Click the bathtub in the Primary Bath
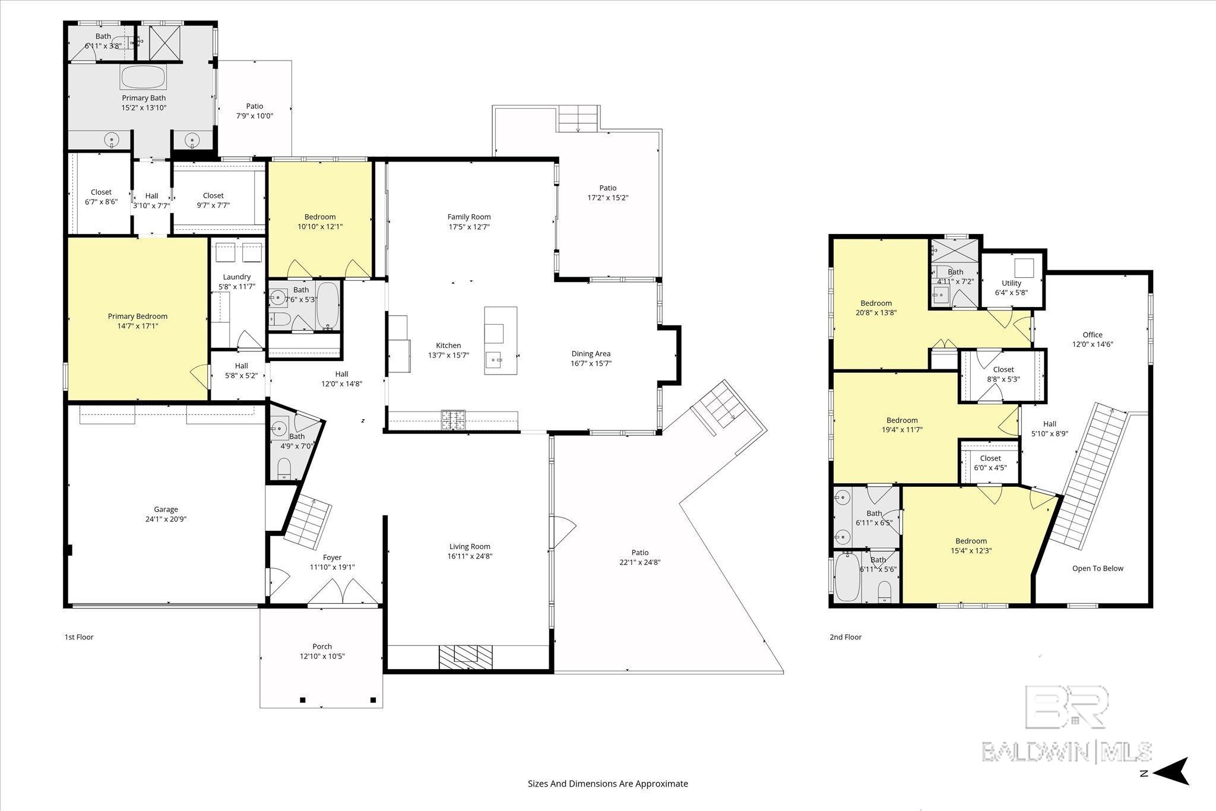pos(143,77)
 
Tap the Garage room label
pos(166,509)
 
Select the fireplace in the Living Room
pos(466,654)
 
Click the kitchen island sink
pos(494,360)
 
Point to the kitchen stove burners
pos(453,420)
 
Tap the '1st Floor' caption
pos(79,637)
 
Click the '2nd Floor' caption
pos(845,637)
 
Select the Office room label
pos(1092,335)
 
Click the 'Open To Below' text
pos(1098,568)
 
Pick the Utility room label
pos(1011,283)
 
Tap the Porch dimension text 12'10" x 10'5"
pos(322,656)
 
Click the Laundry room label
pos(237,277)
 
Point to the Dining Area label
pos(591,354)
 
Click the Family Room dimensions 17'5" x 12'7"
pos(469,227)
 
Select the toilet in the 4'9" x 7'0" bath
pos(284,468)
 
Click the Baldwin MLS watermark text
pos(1066,751)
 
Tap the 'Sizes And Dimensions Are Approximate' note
pos(608,784)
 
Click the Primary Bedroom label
pos(138,316)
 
